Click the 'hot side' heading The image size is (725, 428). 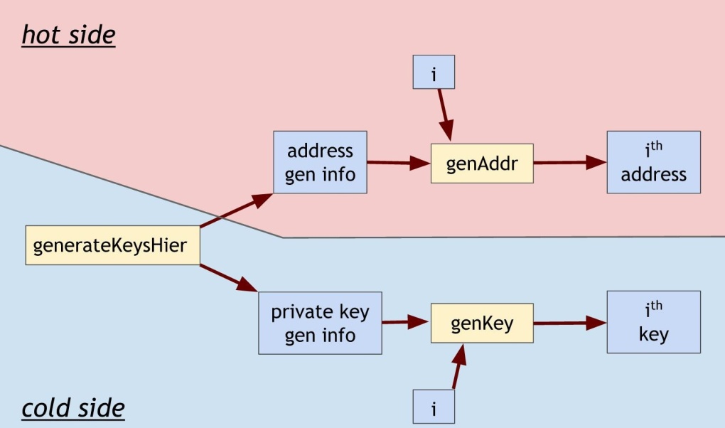tap(68, 35)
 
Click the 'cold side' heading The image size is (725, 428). tap(72, 408)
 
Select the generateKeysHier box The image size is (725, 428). tap(112, 246)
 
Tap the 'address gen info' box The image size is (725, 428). tap(320, 162)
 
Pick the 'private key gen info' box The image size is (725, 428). tap(320, 323)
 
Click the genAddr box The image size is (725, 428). tap(481, 163)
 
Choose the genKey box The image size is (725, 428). tap(481, 323)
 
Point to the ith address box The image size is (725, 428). tap(653, 162)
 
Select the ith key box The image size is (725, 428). tap(653, 322)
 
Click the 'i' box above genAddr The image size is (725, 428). tap(434, 73)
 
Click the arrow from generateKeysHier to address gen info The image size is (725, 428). tap(236, 210)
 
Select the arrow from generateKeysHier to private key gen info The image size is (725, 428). tap(229, 278)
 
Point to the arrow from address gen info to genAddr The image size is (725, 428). tap(399, 162)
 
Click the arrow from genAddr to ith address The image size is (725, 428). tap(569, 162)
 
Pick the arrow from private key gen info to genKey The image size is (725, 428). tap(406, 323)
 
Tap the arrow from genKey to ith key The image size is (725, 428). tap(569, 323)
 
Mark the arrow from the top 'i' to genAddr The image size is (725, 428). tap(444, 114)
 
